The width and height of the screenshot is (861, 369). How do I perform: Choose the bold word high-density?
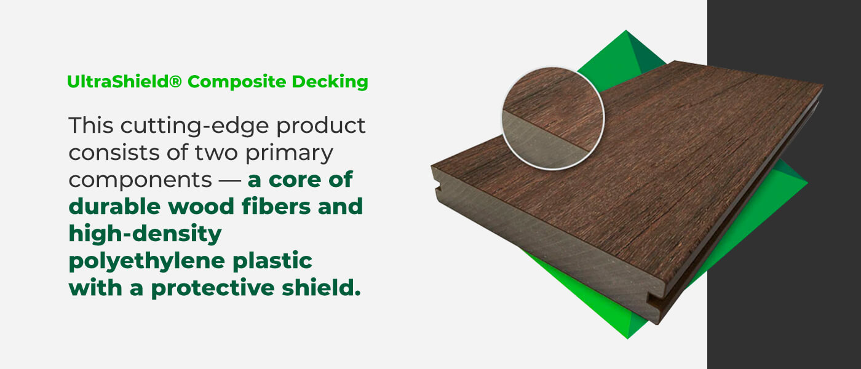tap(145, 234)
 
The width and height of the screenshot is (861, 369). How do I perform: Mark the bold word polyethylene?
tap(135, 261)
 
